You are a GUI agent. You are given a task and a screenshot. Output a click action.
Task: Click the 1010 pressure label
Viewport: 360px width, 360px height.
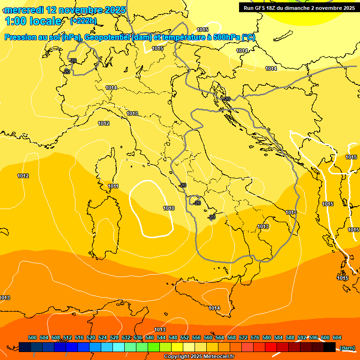click(x=169, y=208)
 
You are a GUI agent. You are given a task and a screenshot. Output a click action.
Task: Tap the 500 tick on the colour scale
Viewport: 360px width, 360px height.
click(x=32, y=337)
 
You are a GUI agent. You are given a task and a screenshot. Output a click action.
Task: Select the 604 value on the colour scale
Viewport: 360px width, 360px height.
click(x=337, y=337)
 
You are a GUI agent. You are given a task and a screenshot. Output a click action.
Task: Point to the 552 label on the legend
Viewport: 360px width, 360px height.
click(x=185, y=337)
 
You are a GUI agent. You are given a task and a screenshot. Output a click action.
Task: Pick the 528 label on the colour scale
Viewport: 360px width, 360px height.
click(x=114, y=337)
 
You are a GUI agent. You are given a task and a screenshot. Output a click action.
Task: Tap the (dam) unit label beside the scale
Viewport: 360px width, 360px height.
click(x=347, y=347)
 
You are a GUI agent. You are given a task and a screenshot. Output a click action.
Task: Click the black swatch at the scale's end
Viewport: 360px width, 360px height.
click(x=330, y=347)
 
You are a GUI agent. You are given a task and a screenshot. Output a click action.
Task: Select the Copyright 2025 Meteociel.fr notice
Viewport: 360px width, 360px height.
click(x=199, y=357)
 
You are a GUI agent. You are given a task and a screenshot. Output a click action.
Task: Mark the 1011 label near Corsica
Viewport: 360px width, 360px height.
click(x=113, y=186)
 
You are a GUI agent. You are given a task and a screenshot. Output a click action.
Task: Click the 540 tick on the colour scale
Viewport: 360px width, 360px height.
click(x=150, y=337)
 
